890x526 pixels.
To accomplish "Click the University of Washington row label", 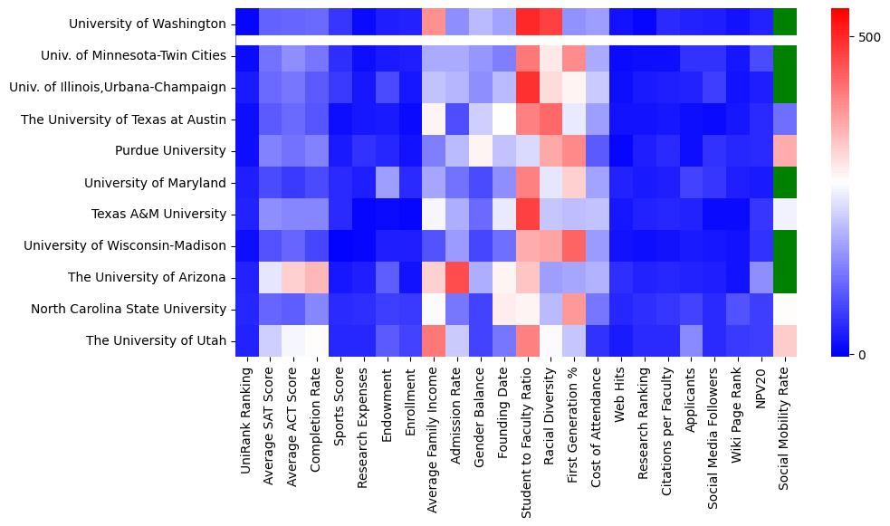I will click(148, 24).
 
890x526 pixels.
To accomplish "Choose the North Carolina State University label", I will click(129, 309).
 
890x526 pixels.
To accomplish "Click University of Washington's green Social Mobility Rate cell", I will click(785, 20).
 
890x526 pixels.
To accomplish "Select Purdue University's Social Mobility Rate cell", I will click(785, 150).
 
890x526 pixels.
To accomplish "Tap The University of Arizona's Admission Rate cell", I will click(457, 277).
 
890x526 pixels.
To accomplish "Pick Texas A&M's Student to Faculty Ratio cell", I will click(527, 214).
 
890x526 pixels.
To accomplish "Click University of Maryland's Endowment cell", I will click(387, 182).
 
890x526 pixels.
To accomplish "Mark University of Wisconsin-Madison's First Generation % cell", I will click(574, 245).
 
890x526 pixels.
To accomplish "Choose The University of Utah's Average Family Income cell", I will click(434, 340).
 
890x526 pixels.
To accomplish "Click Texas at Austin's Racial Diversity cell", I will click(550, 119).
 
